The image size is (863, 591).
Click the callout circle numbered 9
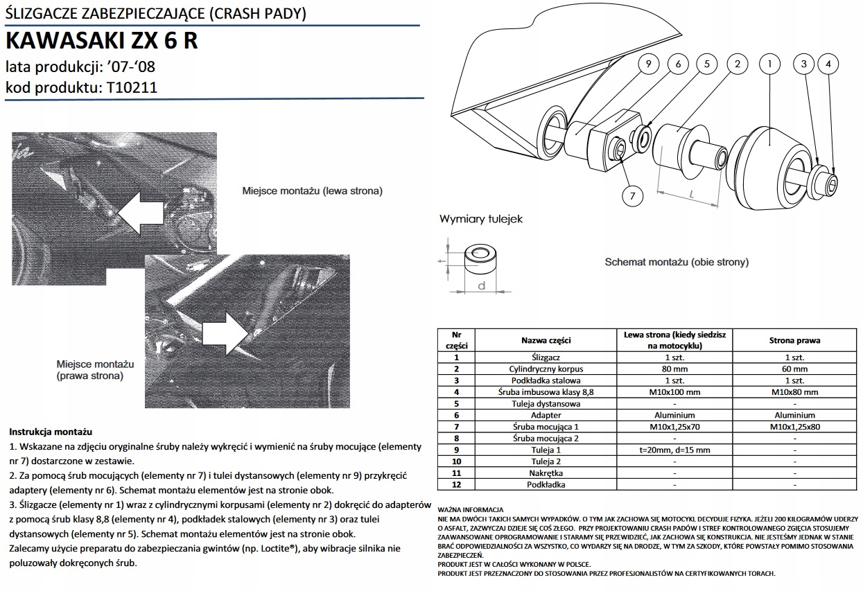coord(647,64)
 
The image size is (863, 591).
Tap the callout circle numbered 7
coord(631,196)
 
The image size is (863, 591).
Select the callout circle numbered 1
coord(767,64)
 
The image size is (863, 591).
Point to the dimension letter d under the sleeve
coord(480,285)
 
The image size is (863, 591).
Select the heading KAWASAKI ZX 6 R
coord(101,42)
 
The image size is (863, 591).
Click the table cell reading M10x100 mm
coord(674,391)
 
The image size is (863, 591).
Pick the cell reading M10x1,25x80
coord(794,426)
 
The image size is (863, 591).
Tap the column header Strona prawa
coord(794,340)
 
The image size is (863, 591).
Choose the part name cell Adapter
coord(546,414)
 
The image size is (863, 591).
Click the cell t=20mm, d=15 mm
coord(674,449)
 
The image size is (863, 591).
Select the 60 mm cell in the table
coord(794,369)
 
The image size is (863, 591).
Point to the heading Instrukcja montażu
coord(51,432)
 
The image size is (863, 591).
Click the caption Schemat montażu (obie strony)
coord(677,263)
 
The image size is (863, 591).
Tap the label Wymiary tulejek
coord(481,219)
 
